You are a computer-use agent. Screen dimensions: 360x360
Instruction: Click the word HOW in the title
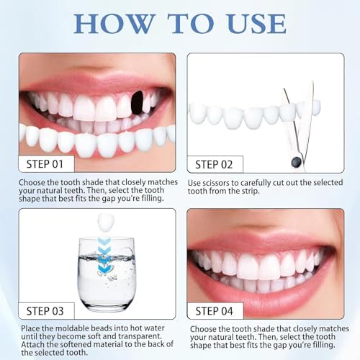114,24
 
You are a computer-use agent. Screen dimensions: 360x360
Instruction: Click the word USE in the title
257,24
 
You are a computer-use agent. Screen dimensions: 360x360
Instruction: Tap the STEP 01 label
45,164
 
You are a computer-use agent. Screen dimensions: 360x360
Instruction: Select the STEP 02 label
214,165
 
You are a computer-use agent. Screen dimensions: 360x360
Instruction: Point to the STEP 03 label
45,311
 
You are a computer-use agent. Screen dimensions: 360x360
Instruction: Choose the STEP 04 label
214,311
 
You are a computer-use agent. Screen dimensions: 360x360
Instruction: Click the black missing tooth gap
137,103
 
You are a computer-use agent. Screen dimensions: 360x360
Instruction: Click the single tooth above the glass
105,222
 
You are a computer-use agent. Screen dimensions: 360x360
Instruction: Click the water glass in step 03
106,273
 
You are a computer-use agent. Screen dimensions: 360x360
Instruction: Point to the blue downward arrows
104,255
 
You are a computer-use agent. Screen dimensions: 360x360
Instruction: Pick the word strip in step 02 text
251,192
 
